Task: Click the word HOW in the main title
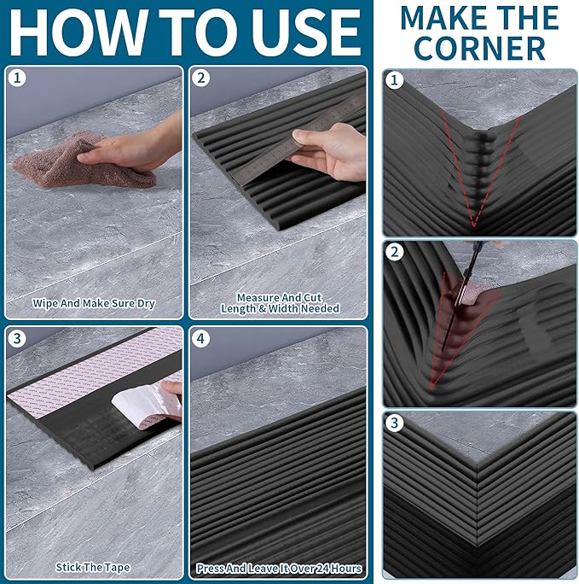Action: [x=77, y=32]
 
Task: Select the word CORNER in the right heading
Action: [x=480, y=49]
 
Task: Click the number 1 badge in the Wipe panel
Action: [x=17, y=79]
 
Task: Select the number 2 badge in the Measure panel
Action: [x=200, y=79]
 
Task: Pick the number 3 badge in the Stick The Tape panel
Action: [x=17, y=339]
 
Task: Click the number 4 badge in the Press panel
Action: [x=200, y=339]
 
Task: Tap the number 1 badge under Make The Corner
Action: [x=395, y=80]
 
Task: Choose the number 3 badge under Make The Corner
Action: [x=395, y=423]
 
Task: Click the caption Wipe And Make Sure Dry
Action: [x=93, y=304]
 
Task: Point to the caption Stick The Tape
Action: [x=93, y=567]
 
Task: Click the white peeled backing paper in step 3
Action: [x=147, y=406]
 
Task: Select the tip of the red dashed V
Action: [x=474, y=226]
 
